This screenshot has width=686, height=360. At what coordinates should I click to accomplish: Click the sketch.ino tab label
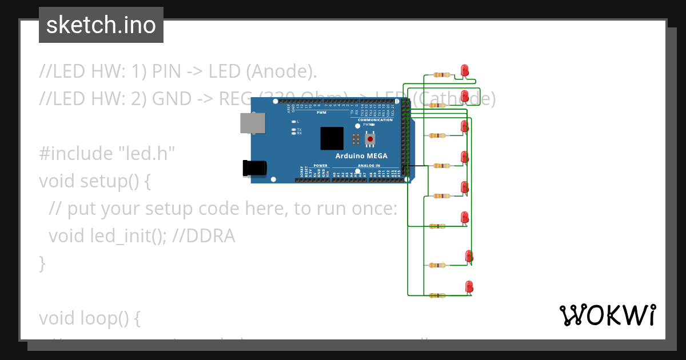point(101,25)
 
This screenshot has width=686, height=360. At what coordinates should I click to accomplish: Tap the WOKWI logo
point(607,315)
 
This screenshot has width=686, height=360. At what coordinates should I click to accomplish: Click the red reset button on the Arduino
point(370,139)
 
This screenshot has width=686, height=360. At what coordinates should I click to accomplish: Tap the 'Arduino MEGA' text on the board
point(361,156)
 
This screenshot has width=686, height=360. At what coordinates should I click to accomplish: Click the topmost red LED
point(465,70)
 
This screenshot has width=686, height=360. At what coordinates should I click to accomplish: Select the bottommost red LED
point(469,286)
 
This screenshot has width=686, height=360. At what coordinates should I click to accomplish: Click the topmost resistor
point(441,74)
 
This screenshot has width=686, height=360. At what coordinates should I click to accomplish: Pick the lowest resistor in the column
point(437,295)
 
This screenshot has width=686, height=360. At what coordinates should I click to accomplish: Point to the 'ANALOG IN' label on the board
point(369,166)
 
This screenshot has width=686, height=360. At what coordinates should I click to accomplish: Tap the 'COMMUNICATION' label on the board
point(375,120)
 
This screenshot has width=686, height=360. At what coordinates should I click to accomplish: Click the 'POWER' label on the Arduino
point(321,166)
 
